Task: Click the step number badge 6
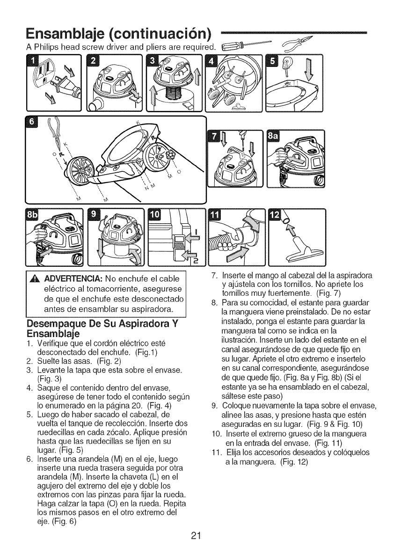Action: point(32,122)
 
